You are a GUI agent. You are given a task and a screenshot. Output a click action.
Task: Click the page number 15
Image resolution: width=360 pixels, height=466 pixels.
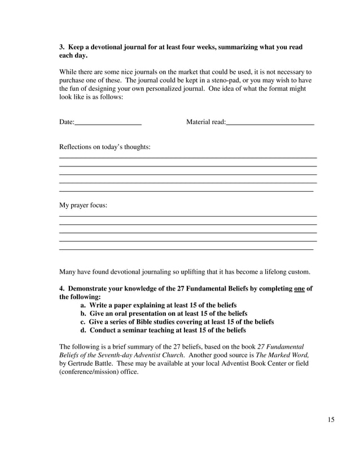331,420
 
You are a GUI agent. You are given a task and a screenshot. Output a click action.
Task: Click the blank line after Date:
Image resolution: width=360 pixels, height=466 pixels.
108,123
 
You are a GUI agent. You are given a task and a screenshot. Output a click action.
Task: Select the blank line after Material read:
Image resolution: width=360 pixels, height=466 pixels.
270,123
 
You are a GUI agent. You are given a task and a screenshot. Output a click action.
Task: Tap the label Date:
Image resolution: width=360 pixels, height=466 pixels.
67,122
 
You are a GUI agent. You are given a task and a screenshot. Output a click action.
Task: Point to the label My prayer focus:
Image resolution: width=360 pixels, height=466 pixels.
83,205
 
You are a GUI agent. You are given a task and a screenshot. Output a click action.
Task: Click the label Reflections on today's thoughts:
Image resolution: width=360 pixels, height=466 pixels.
104,147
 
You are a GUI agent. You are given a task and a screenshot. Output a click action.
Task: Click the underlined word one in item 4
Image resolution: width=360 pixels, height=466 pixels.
300,288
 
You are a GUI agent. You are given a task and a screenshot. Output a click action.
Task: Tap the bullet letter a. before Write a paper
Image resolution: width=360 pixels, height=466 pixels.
84,305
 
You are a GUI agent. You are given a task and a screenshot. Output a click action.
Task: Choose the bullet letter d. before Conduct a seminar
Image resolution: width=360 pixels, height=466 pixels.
84,330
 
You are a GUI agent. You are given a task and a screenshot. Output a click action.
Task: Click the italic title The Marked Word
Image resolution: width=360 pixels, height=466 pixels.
282,355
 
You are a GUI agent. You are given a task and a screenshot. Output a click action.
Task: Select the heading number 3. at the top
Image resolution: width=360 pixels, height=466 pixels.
62,47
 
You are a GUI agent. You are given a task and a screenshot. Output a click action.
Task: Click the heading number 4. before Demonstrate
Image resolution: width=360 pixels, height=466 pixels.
62,288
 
